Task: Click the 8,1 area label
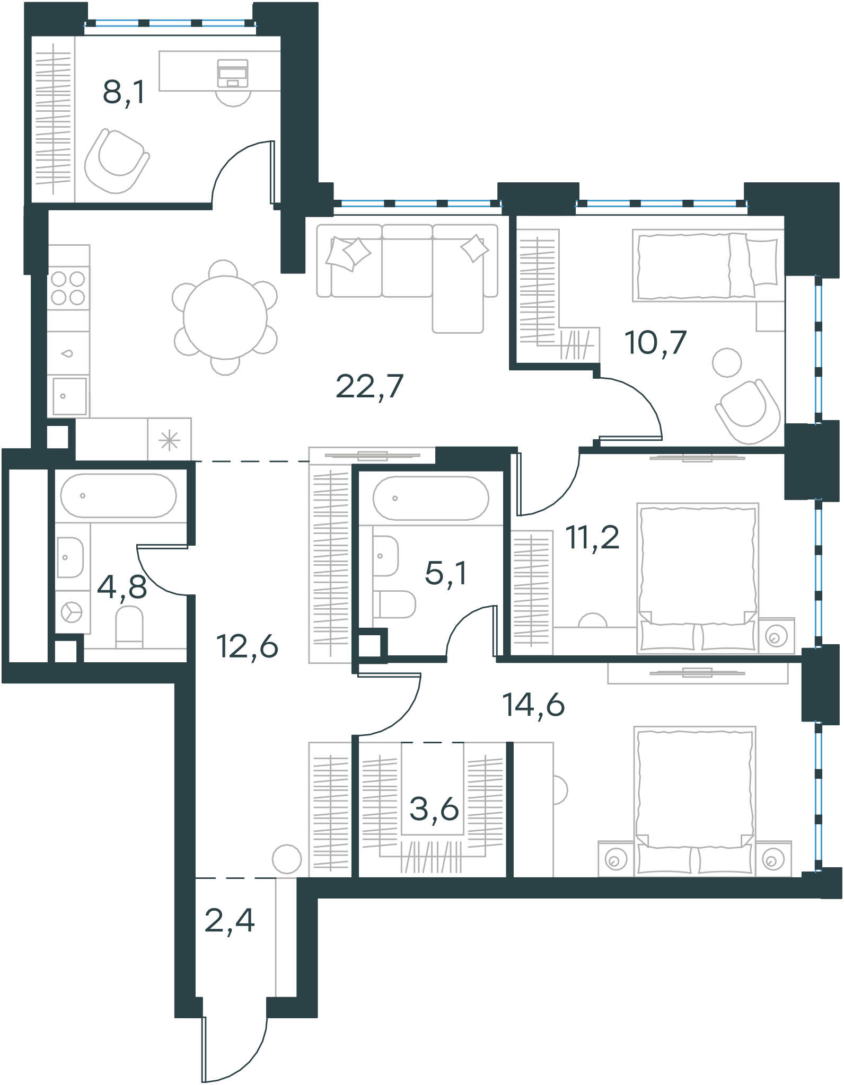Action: (124, 93)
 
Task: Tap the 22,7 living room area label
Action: (370, 386)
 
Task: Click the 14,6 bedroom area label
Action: (533, 705)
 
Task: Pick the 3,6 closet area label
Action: (434, 809)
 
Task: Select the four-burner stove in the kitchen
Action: (68, 288)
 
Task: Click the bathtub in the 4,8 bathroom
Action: (118, 495)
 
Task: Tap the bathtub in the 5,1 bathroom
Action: (431, 498)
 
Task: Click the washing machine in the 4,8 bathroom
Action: (72, 612)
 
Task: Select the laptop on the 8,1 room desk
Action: (232, 73)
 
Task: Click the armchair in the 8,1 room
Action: (117, 161)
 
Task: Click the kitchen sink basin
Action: (69, 396)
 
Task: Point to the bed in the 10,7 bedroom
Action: (708, 265)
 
